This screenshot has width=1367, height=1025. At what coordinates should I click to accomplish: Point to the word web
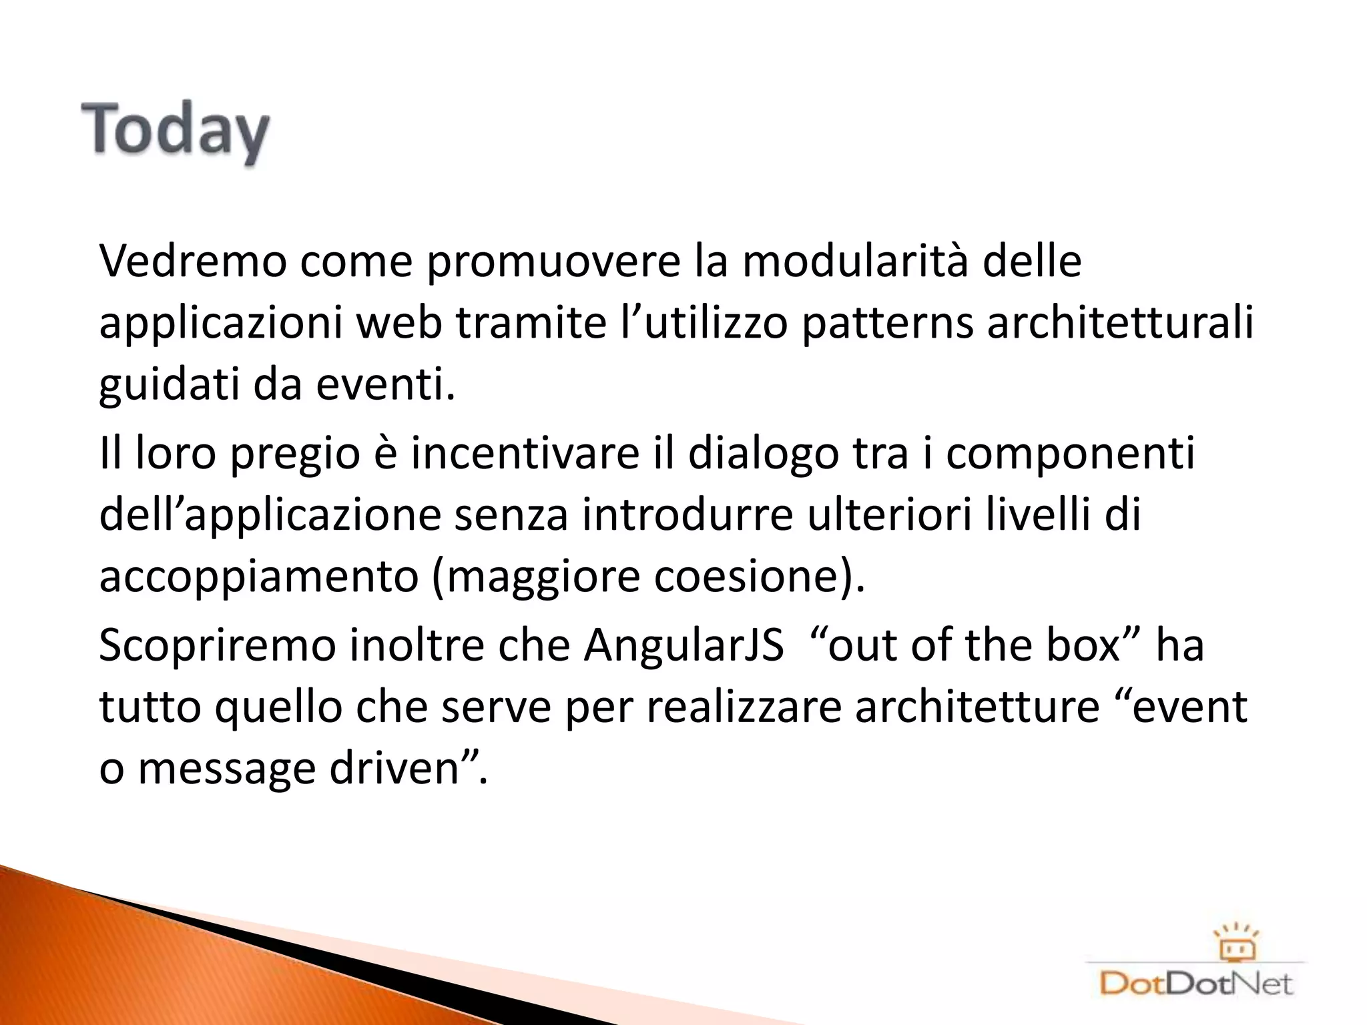point(398,324)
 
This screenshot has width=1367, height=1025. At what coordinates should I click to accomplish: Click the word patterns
point(887,324)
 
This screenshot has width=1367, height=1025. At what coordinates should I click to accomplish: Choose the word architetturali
point(1121,324)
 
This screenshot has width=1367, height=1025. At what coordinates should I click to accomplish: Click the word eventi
point(384,386)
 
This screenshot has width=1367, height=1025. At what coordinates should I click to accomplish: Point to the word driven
point(398,769)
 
